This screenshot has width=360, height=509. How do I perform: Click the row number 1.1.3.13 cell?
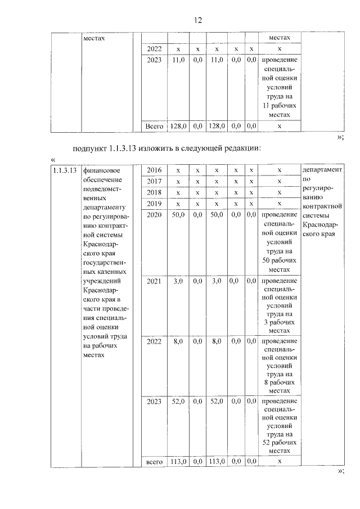pyautogui.click(x=64, y=169)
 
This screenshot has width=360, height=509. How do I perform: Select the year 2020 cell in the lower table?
pyautogui.click(x=154, y=215)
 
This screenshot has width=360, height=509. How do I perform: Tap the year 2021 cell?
pyautogui.click(x=154, y=281)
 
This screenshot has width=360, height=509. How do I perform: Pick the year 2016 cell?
pyautogui.click(x=154, y=170)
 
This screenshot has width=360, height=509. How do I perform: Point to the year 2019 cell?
pyautogui.click(x=154, y=204)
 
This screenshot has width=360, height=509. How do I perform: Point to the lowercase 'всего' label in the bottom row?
pyautogui.click(x=154, y=461)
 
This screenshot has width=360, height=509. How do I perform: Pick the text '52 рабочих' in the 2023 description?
pyautogui.click(x=280, y=443)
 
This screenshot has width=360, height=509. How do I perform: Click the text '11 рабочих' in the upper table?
pyautogui.click(x=280, y=106)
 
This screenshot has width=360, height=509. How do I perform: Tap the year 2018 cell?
pyautogui.click(x=154, y=192)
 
